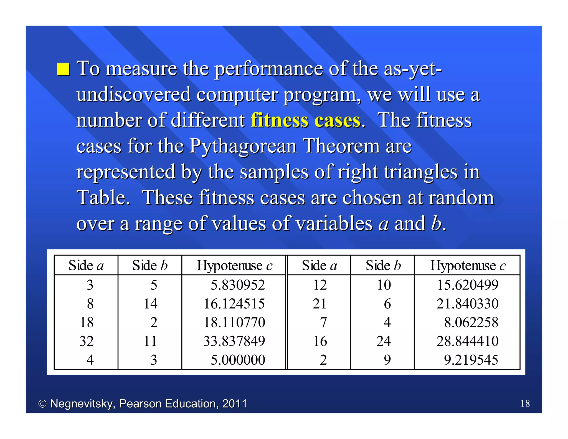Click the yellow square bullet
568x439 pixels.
tap(63, 69)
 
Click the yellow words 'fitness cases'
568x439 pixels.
tap(306, 120)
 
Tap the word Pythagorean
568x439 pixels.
tap(243, 146)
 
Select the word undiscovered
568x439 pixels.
tap(133, 95)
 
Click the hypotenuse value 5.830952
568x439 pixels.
tap(238, 285)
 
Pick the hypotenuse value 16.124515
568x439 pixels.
tap(234, 304)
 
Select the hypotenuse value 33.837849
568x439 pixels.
tap(234, 341)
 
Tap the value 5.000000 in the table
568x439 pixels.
tap(238, 360)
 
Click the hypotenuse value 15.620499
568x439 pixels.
tap(468, 285)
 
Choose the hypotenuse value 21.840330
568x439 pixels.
tap(468, 304)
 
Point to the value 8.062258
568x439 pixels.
tap(471, 322)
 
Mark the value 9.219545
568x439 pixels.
tap(471, 360)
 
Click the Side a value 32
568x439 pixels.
tap(87, 341)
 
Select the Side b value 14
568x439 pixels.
tap(150, 304)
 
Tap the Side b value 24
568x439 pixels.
tap(384, 341)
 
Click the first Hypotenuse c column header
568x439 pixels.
tap(234, 266)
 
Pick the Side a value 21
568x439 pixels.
tap(319, 304)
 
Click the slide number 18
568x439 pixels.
tap(525, 403)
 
